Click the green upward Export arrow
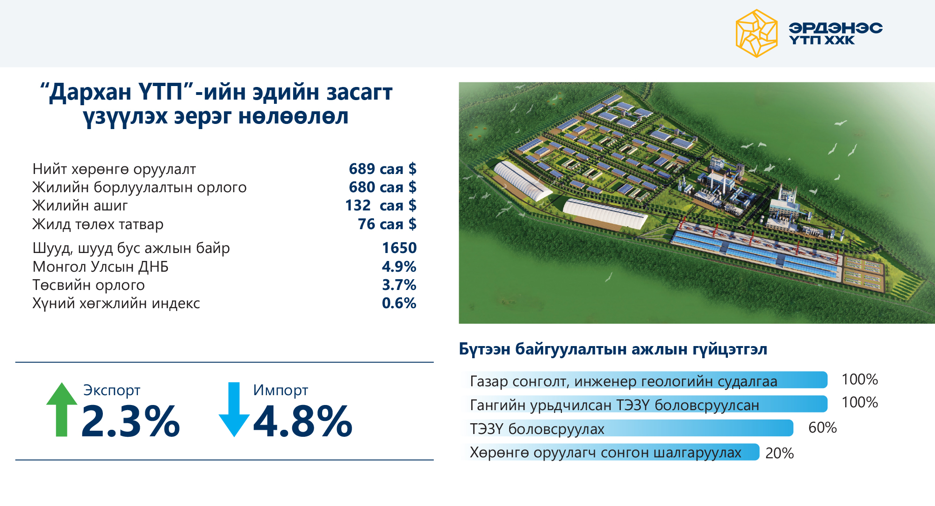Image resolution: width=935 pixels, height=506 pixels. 62,409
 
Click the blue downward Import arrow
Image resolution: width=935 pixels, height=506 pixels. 234,409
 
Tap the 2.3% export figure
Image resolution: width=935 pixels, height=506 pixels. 130,421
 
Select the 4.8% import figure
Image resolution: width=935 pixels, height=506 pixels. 303,421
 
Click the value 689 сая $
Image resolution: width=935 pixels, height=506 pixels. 382,169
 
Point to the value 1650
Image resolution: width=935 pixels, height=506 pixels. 399,248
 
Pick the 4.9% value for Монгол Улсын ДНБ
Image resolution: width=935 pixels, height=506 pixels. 399,267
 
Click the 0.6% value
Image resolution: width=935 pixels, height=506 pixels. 399,303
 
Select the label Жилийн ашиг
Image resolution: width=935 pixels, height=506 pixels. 80,205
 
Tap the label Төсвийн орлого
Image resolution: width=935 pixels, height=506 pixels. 89,285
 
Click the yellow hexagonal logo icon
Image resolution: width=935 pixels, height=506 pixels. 756,34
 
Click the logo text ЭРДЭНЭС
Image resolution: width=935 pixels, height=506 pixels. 835,28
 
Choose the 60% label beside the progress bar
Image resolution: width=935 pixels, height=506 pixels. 822,427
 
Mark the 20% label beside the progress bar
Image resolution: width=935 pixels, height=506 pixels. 779,453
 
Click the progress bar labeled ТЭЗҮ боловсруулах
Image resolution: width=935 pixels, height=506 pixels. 627,428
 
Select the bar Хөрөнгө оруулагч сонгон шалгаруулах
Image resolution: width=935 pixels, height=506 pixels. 611,452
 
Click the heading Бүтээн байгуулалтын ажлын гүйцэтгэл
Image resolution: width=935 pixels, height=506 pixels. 613,349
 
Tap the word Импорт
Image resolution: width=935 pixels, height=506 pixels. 280,390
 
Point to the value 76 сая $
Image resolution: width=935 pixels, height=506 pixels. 387,224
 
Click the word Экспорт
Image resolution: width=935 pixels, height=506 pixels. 112,390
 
